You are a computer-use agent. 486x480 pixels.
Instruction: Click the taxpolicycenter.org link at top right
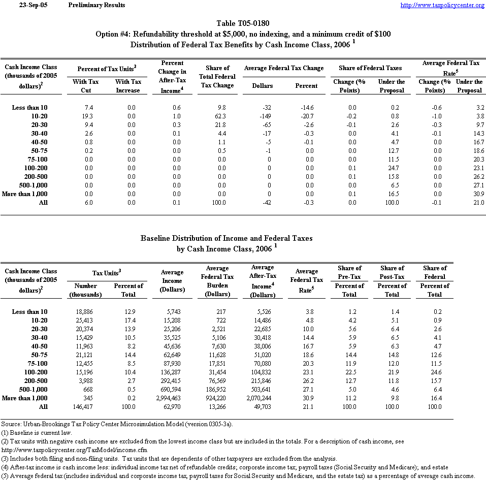coord(442,5)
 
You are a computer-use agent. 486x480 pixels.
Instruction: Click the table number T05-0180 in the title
coord(243,23)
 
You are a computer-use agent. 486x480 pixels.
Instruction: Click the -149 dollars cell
coord(269,116)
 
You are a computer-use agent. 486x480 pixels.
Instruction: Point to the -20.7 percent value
coord(308,116)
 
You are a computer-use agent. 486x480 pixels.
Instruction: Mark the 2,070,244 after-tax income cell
coord(262,398)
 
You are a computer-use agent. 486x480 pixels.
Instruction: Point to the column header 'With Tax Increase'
coord(128,86)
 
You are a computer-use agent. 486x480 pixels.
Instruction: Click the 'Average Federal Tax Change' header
coord(284,68)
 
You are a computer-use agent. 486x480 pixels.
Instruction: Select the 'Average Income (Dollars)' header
coord(172,280)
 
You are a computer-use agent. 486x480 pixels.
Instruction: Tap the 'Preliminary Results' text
coord(96,5)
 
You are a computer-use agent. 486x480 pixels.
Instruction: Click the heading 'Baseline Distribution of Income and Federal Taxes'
coord(226,238)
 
